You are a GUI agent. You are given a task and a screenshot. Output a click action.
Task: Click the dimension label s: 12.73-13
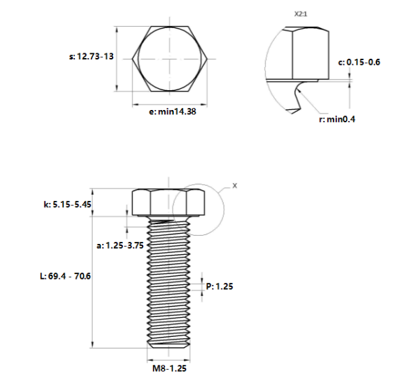[x=91, y=58]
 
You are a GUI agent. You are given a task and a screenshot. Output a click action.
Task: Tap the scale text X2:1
[x=302, y=13]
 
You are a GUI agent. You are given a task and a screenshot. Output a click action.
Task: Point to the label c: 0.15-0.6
[x=359, y=62]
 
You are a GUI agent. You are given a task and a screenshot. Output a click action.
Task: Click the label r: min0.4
[x=338, y=119]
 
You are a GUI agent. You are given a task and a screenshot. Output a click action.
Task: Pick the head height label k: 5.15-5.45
[x=67, y=204]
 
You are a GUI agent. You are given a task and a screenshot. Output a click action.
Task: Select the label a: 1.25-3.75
[x=120, y=245]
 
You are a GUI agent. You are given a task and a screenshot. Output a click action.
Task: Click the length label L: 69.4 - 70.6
[x=65, y=276]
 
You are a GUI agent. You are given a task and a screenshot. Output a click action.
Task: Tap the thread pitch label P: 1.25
[x=220, y=287]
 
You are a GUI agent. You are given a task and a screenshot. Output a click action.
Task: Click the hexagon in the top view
[x=169, y=59]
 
